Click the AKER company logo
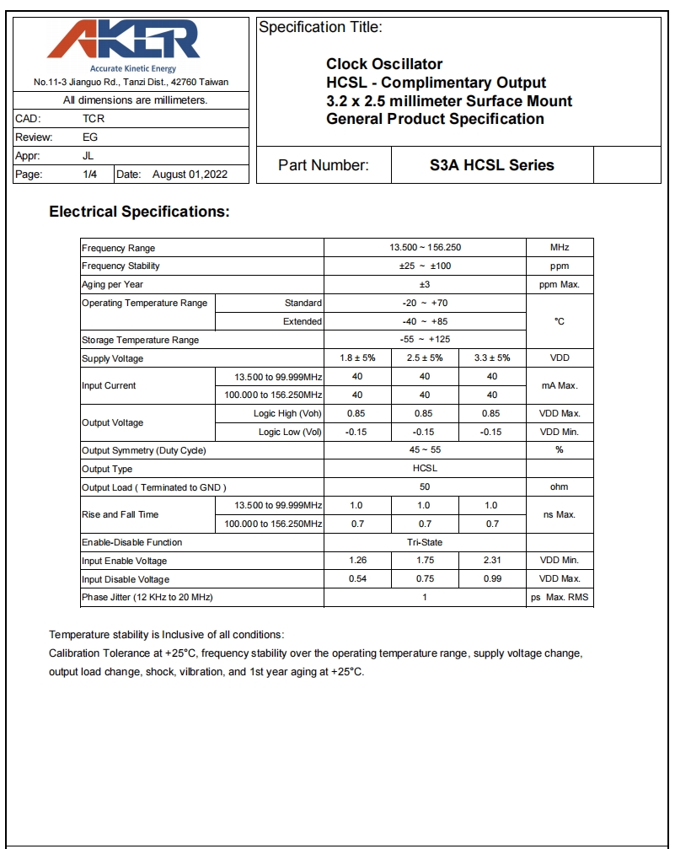coord(131,42)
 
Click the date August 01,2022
coord(190,175)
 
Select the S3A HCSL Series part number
coord(492,165)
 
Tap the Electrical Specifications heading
coord(139,212)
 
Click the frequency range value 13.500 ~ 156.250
coord(425,248)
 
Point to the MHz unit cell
coord(560,248)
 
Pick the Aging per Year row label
coord(113,285)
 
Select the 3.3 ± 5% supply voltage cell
coord(492,358)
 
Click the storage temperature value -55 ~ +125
coord(425,340)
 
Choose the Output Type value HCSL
coord(425,469)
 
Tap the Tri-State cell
coord(425,542)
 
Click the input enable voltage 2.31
coord(492,561)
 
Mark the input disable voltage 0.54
coord(357,579)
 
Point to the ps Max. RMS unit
coord(560,598)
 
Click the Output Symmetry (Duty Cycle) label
coord(144,450)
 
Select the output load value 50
coord(425,487)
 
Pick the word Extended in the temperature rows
coord(303,321)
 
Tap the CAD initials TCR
coord(94,119)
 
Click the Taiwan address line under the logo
coord(131,83)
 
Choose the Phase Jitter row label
coord(147,598)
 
